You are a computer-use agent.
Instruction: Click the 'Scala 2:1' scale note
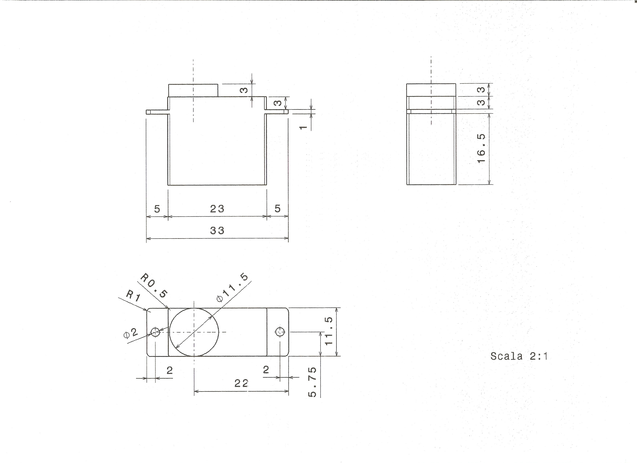(x=519, y=356)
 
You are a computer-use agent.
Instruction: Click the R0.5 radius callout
(x=154, y=286)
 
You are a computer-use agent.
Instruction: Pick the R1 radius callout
(x=133, y=296)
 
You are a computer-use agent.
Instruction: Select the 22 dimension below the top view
(x=241, y=383)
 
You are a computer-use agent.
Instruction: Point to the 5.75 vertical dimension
(x=312, y=382)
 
